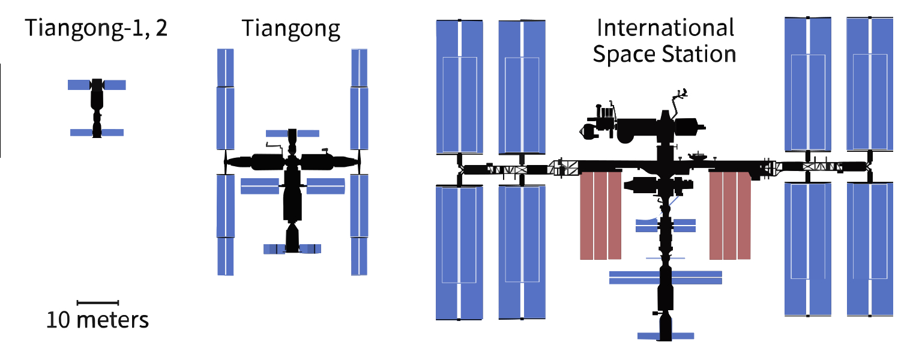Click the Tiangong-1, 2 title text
tap(96, 29)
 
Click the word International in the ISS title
tap(664, 28)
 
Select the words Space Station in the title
tap(664, 55)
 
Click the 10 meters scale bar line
tap(98, 302)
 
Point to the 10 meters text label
tap(98, 320)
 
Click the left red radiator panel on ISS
tap(600, 215)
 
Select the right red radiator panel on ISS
tap(730, 215)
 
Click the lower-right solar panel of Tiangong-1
tap(113, 133)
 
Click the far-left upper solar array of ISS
tap(459, 87)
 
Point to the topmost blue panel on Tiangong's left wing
tap(225, 67)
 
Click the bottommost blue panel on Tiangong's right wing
tap(359, 256)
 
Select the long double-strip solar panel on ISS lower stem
tap(666, 277)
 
